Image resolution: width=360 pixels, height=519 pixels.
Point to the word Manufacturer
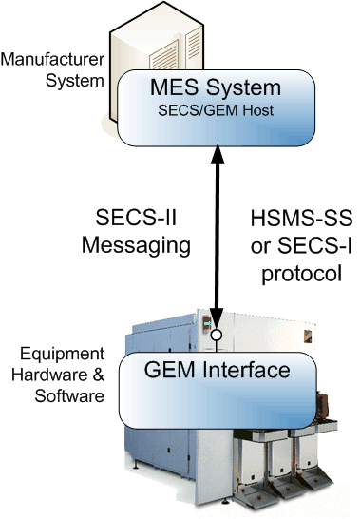[x=50, y=60]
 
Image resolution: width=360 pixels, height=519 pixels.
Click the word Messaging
[x=141, y=243]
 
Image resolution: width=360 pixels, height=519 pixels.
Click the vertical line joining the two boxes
[x=217, y=238]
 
